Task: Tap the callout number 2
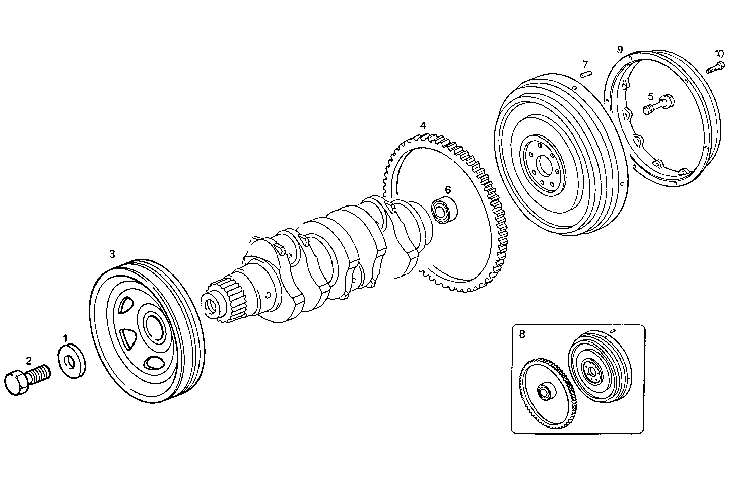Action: coord(29,360)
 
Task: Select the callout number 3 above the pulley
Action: coord(112,253)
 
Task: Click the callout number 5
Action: coord(650,96)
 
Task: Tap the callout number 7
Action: coord(585,64)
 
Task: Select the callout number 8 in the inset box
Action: coord(522,334)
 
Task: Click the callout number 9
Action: coord(620,49)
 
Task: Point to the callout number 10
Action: coord(719,54)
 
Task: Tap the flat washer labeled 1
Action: coord(72,361)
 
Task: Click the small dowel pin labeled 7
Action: coord(586,75)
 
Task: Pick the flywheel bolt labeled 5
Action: coord(655,105)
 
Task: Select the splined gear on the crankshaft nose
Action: coord(233,302)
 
